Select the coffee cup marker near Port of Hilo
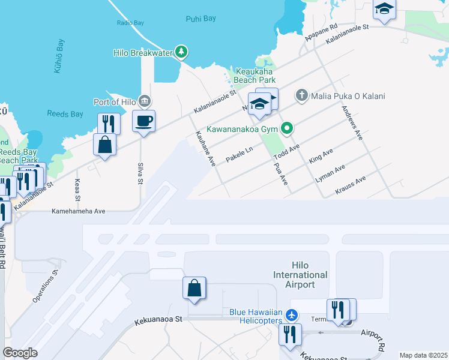pos(143,121)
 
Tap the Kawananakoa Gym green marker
pos(287,128)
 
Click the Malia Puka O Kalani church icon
pos(301,95)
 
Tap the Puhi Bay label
pos(201,19)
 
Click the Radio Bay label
pos(130,23)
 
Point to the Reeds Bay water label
pos(66,113)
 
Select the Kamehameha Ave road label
pos(78,211)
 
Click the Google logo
pos(20,353)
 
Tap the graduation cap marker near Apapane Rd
pos(384,11)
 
